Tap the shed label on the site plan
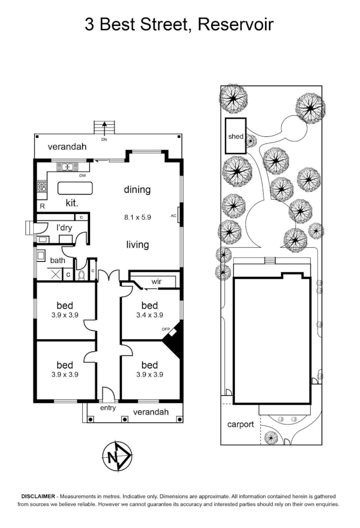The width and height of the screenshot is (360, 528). [235, 136]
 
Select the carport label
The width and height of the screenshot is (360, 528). [240, 424]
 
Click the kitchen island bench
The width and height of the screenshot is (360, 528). [75, 188]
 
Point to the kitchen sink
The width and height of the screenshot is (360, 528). [65, 167]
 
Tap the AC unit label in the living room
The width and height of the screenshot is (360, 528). [173, 215]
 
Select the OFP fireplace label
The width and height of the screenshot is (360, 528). [165, 330]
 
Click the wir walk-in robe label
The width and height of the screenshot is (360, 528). [157, 282]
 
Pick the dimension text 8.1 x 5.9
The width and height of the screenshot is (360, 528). [137, 218]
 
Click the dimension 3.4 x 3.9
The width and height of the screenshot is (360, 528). [149, 315]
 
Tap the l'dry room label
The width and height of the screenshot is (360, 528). [64, 227]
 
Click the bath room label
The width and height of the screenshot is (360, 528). [57, 261]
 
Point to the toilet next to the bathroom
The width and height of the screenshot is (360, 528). [82, 275]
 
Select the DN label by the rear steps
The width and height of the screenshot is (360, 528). [104, 140]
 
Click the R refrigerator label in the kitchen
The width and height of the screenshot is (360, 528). [43, 206]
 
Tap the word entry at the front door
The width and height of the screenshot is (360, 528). [108, 408]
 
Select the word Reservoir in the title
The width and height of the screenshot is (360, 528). [235, 24]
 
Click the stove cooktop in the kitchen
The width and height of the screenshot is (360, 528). [41, 186]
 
